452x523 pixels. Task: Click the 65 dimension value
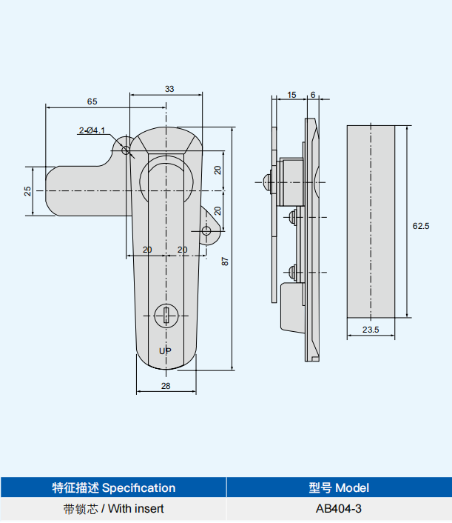tap(92, 101)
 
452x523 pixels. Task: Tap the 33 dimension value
tap(169, 89)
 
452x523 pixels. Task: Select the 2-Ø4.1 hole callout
tap(92, 131)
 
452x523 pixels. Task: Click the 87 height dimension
tap(225, 261)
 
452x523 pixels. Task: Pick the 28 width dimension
tap(166, 387)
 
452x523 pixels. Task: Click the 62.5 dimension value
tap(421, 226)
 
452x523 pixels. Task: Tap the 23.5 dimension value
tap(371, 330)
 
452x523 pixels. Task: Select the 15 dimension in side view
tap(291, 95)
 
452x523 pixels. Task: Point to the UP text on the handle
tap(166, 350)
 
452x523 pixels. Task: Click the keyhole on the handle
tap(166, 316)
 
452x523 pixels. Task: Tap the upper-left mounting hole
tap(126, 151)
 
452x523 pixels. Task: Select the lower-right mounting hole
tap(207, 230)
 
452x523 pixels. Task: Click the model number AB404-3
tap(338, 509)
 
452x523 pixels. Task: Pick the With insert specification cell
tap(113, 509)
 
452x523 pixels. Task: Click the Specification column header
tap(113, 487)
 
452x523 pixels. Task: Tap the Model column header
tap(338, 487)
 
